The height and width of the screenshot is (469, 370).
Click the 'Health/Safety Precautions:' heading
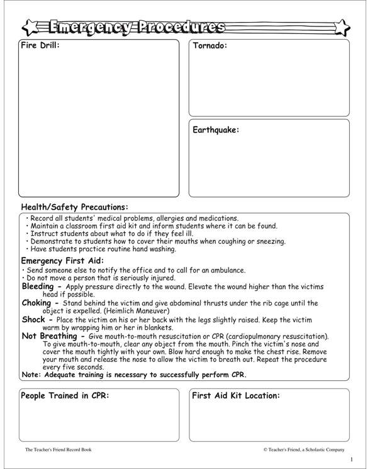[74, 206]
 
